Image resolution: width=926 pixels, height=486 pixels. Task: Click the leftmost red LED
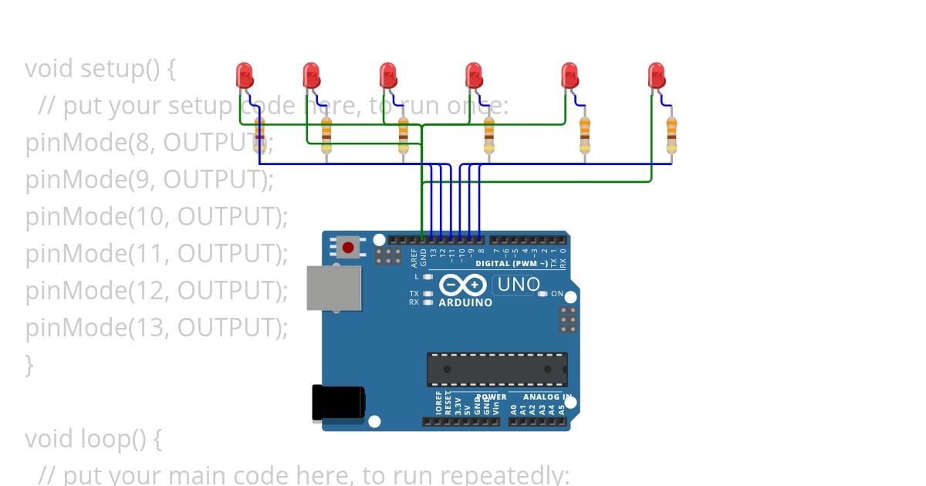coord(245,76)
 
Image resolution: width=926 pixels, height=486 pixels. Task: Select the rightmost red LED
coord(657,76)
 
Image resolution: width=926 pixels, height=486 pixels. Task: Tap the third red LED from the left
coord(388,76)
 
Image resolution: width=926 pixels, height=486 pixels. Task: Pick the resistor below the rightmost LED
coord(671,136)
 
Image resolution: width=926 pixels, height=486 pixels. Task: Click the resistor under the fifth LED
coord(584,136)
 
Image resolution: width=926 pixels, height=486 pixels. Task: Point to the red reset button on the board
coord(348,248)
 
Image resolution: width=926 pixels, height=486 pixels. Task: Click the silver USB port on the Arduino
coord(334,288)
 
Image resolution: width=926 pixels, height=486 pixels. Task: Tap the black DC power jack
coord(338,403)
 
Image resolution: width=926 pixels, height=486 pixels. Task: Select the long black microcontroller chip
coord(497,369)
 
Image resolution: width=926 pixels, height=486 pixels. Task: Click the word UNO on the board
coord(519,285)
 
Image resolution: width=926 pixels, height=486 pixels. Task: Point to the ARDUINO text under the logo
coord(465,302)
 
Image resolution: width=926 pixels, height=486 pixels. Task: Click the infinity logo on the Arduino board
coord(462,285)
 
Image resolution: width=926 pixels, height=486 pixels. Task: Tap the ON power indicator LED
coord(542,294)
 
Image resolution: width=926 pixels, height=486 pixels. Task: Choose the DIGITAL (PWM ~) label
coord(512,263)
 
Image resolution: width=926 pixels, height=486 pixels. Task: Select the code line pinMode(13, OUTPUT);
coord(157,328)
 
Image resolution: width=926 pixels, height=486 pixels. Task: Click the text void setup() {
coord(100,69)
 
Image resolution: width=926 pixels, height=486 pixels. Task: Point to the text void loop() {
coord(93,439)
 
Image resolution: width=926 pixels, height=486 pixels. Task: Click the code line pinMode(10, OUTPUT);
coord(157,217)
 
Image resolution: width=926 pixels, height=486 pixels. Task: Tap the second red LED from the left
coord(312,76)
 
